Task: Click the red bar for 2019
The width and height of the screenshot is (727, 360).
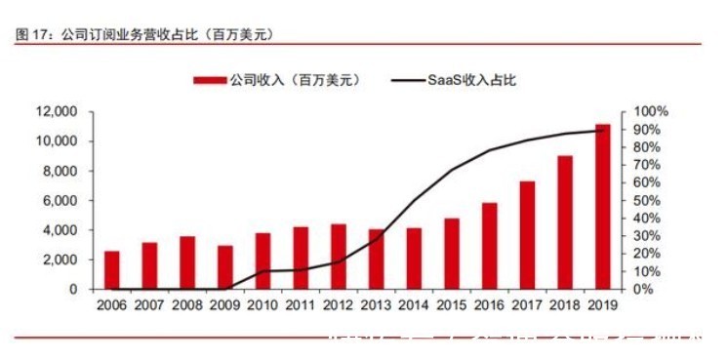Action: (x=603, y=207)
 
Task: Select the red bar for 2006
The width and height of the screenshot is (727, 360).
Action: (x=112, y=270)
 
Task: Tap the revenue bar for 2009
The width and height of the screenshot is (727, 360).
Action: (x=225, y=267)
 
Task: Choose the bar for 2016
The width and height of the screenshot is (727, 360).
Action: (x=490, y=246)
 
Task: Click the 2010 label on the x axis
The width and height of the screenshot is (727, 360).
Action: (x=263, y=306)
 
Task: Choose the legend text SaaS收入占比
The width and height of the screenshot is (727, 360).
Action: (x=470, y=80)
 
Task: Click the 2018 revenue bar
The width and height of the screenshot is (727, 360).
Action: (x=565, y=222)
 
